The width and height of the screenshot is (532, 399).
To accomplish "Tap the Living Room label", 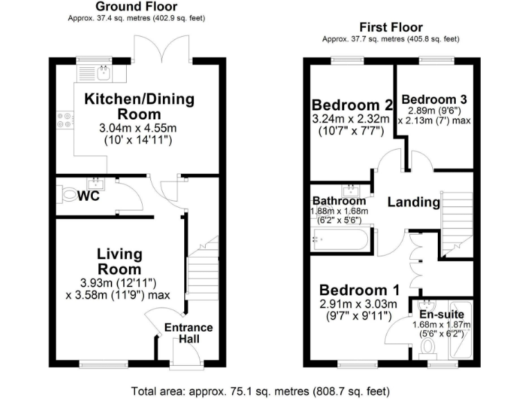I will [x=119, y=262].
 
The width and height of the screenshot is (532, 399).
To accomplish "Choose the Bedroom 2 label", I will [x=353, y=105].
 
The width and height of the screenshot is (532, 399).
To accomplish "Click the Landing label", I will [x=414, y=202].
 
